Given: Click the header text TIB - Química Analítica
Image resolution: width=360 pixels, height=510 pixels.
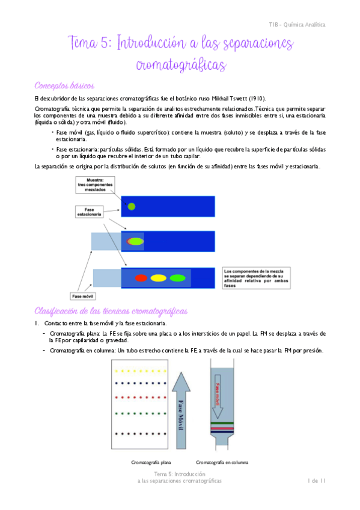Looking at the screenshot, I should pos(297,25).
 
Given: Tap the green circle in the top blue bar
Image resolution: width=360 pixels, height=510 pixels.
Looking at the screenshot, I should pos(131,207).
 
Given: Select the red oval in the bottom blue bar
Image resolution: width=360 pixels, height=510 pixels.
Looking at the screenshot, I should pos(141,278).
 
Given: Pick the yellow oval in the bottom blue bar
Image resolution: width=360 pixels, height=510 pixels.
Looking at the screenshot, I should pos(159,278).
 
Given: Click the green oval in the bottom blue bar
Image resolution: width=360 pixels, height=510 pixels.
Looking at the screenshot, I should pos(177,278).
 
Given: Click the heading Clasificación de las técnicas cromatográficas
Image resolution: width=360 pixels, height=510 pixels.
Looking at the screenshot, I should pos(111,311).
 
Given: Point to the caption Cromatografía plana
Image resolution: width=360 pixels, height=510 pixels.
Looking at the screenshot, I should pos(151,462).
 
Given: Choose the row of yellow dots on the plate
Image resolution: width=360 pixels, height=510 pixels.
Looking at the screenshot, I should pos(141,369).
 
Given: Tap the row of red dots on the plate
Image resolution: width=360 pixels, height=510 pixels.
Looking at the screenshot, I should pos(141,398).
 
